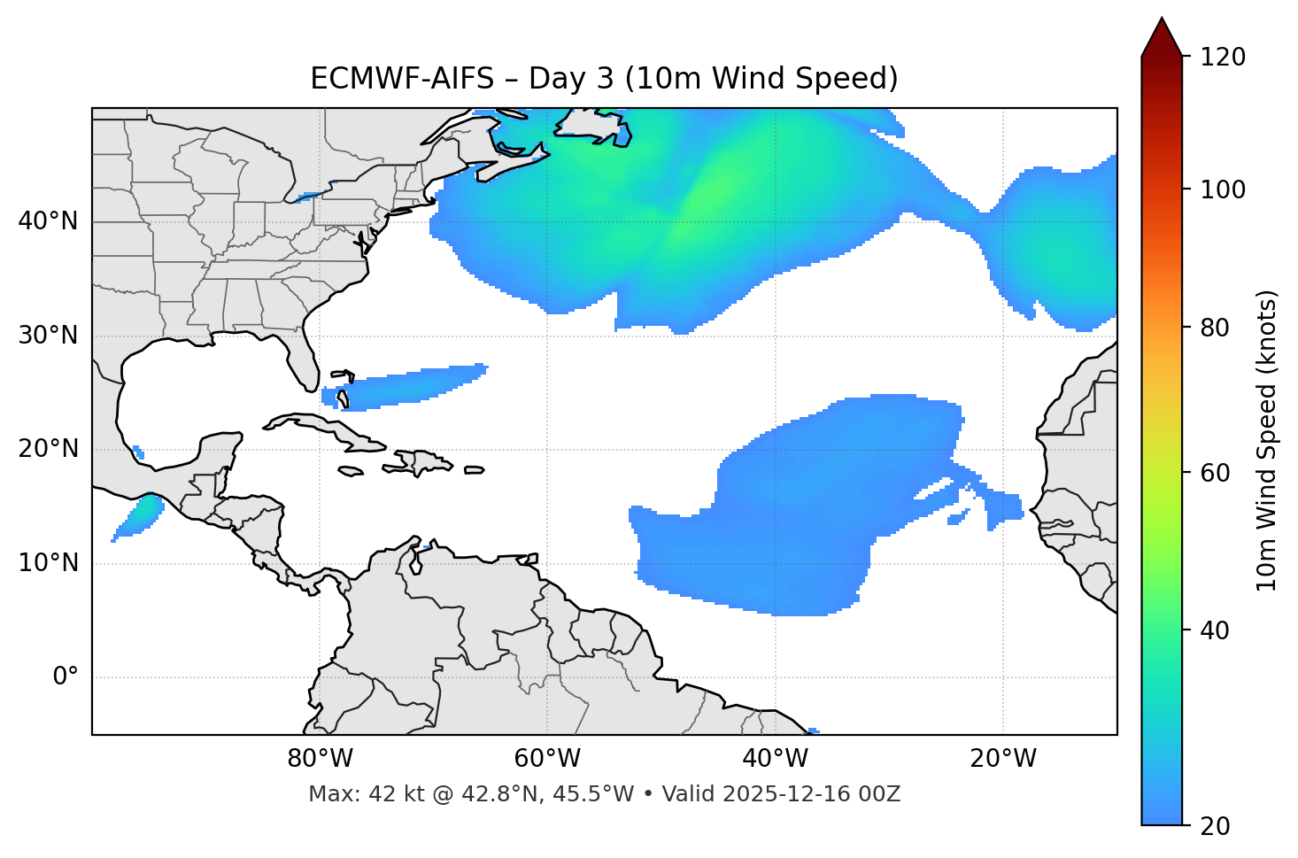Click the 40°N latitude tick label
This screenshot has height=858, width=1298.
point(48,221)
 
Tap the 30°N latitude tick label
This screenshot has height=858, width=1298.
point(48,336)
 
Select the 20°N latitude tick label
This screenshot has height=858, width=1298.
point(48,449)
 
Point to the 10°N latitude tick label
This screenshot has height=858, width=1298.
point(48,563)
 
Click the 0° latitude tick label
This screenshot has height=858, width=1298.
point(66,677)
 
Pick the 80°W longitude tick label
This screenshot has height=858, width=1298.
point(320,759)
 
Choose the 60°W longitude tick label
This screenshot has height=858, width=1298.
point(547,759)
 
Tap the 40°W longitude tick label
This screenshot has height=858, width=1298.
point(776,759)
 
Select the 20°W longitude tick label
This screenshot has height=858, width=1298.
point(1003,759)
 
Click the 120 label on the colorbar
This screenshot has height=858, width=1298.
point(1223,57)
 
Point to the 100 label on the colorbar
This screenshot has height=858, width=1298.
point(1223,189)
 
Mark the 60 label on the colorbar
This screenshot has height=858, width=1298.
point(1217,473)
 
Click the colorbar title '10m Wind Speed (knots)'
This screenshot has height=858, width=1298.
point(1267,441)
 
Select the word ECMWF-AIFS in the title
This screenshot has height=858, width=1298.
point(402,79)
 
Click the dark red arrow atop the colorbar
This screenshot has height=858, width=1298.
point(1162,37)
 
